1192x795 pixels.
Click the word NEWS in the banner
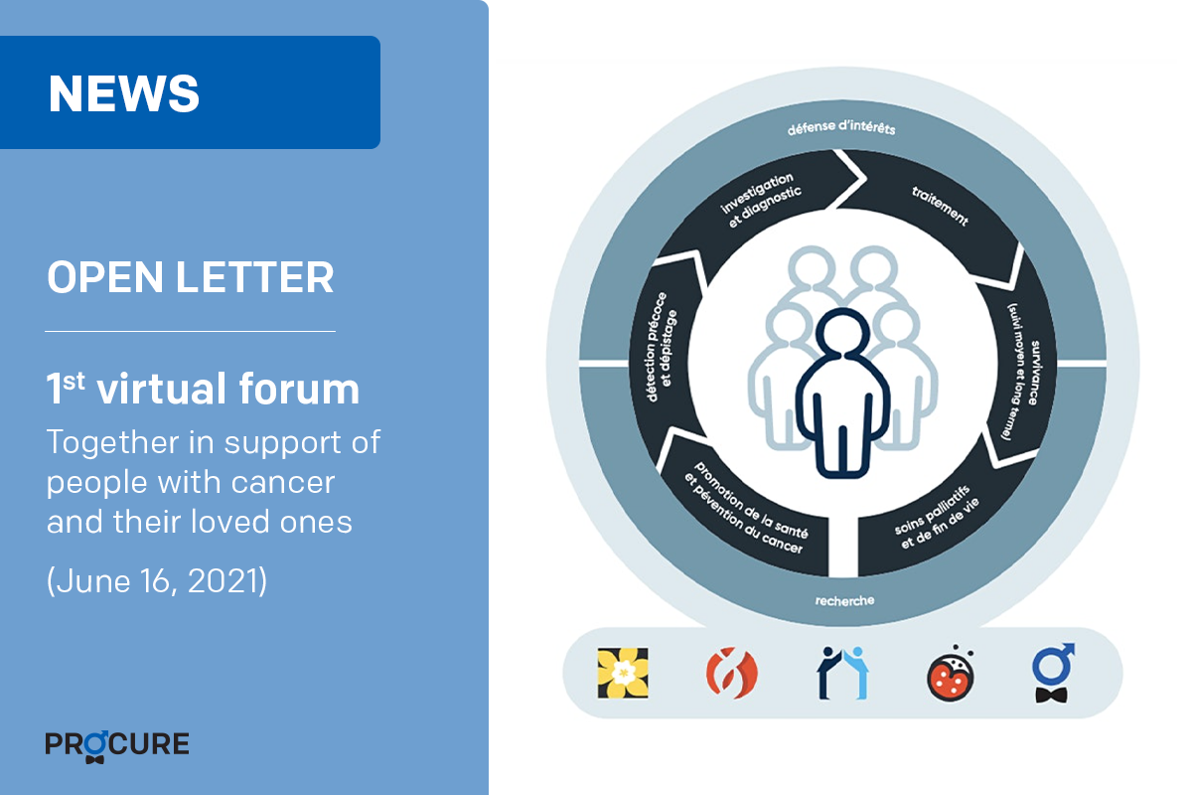[x=123, y=93]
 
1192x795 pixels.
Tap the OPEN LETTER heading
[x=190, y=277]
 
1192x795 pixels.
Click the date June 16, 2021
[x=157, y=580]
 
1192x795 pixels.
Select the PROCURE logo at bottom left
[x=117, y=745]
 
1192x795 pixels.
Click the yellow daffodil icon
[x=623, y=673]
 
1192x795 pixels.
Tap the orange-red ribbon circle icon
[x=732, y=673]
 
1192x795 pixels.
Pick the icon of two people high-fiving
[x=842, y=673]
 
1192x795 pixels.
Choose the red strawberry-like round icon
[x=951, y=675]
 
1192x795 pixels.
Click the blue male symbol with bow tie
[x=1053, y=673]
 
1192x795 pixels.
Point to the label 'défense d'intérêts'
[x=842, y=128]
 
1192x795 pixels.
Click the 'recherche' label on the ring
[x=844, y=600]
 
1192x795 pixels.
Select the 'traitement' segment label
[x=940, y=207]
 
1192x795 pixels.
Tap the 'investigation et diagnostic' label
[x=761, y=200]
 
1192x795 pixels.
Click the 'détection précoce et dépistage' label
[x=662, y=347]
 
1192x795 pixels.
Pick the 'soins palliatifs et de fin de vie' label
[x=937, y=517]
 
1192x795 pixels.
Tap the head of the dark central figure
[x=843, y=332]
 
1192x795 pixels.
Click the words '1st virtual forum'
[x=203, y=389]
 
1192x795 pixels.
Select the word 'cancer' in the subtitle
[x=283, y=482]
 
